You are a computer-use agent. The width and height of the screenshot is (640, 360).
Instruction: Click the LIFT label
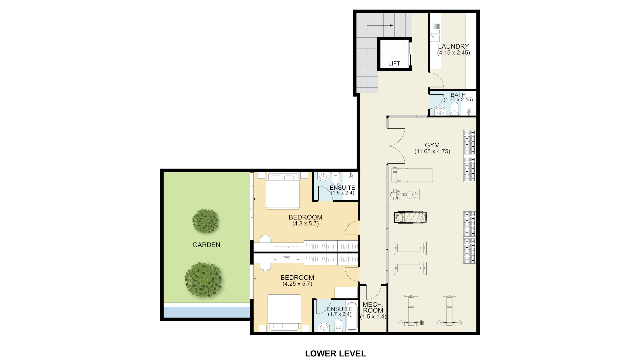(394, 63)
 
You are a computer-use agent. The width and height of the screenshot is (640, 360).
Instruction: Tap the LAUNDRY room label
(453, 46)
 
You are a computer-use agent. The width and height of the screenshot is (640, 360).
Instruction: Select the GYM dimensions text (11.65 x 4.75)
(432, 151)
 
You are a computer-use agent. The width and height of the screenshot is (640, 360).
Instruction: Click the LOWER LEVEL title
(335, 353)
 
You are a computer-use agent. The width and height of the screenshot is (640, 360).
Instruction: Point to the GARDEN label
(206, 245)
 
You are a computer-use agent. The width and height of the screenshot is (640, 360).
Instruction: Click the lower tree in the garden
(203, 280)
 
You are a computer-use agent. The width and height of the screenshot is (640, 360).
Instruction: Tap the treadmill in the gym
(412, 175)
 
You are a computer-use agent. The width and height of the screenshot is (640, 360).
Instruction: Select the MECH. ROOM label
(373, 307)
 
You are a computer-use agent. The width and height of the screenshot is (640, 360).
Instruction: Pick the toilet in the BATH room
(454, 109)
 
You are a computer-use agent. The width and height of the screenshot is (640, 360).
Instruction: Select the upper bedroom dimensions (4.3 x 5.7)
(306, 224)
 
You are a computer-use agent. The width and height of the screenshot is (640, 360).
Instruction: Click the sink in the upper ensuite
(323, 177)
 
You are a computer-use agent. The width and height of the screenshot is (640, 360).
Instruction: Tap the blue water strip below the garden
(207, 312)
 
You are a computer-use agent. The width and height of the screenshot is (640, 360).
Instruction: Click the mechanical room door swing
(374, 292)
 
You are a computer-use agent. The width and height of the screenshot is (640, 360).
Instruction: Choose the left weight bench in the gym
(411, 310)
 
